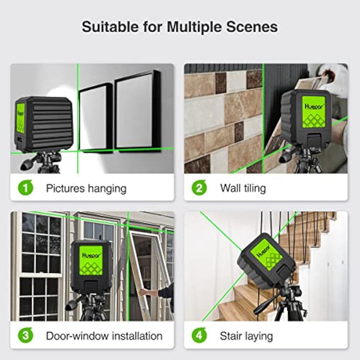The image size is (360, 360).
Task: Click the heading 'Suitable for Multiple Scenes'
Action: coord(179,27)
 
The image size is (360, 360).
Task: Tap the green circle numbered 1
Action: coord(25,188)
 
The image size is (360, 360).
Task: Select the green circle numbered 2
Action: coord(199,188)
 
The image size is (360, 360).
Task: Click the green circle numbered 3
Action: coord(25,335)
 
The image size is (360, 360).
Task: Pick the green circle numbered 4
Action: coord(199,335)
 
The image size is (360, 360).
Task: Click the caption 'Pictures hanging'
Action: coord(86,188)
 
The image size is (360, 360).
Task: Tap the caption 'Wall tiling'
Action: coord(243,188)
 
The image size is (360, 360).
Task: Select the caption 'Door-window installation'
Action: coord(104,335)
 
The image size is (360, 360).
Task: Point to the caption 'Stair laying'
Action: coord(246,335)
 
